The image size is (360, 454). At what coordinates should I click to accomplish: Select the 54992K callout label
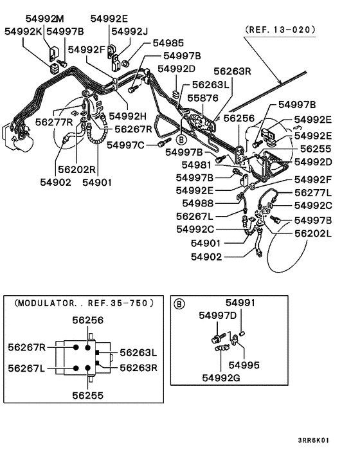[x=24, y=31]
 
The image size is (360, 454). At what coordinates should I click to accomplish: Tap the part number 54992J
[x=129, y=31]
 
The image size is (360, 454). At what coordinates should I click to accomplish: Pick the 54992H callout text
[x=128, y=116]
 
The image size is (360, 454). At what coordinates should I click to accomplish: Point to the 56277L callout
[x=314, y=192]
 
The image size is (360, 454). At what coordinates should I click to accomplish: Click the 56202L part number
[x=314, y=233]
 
